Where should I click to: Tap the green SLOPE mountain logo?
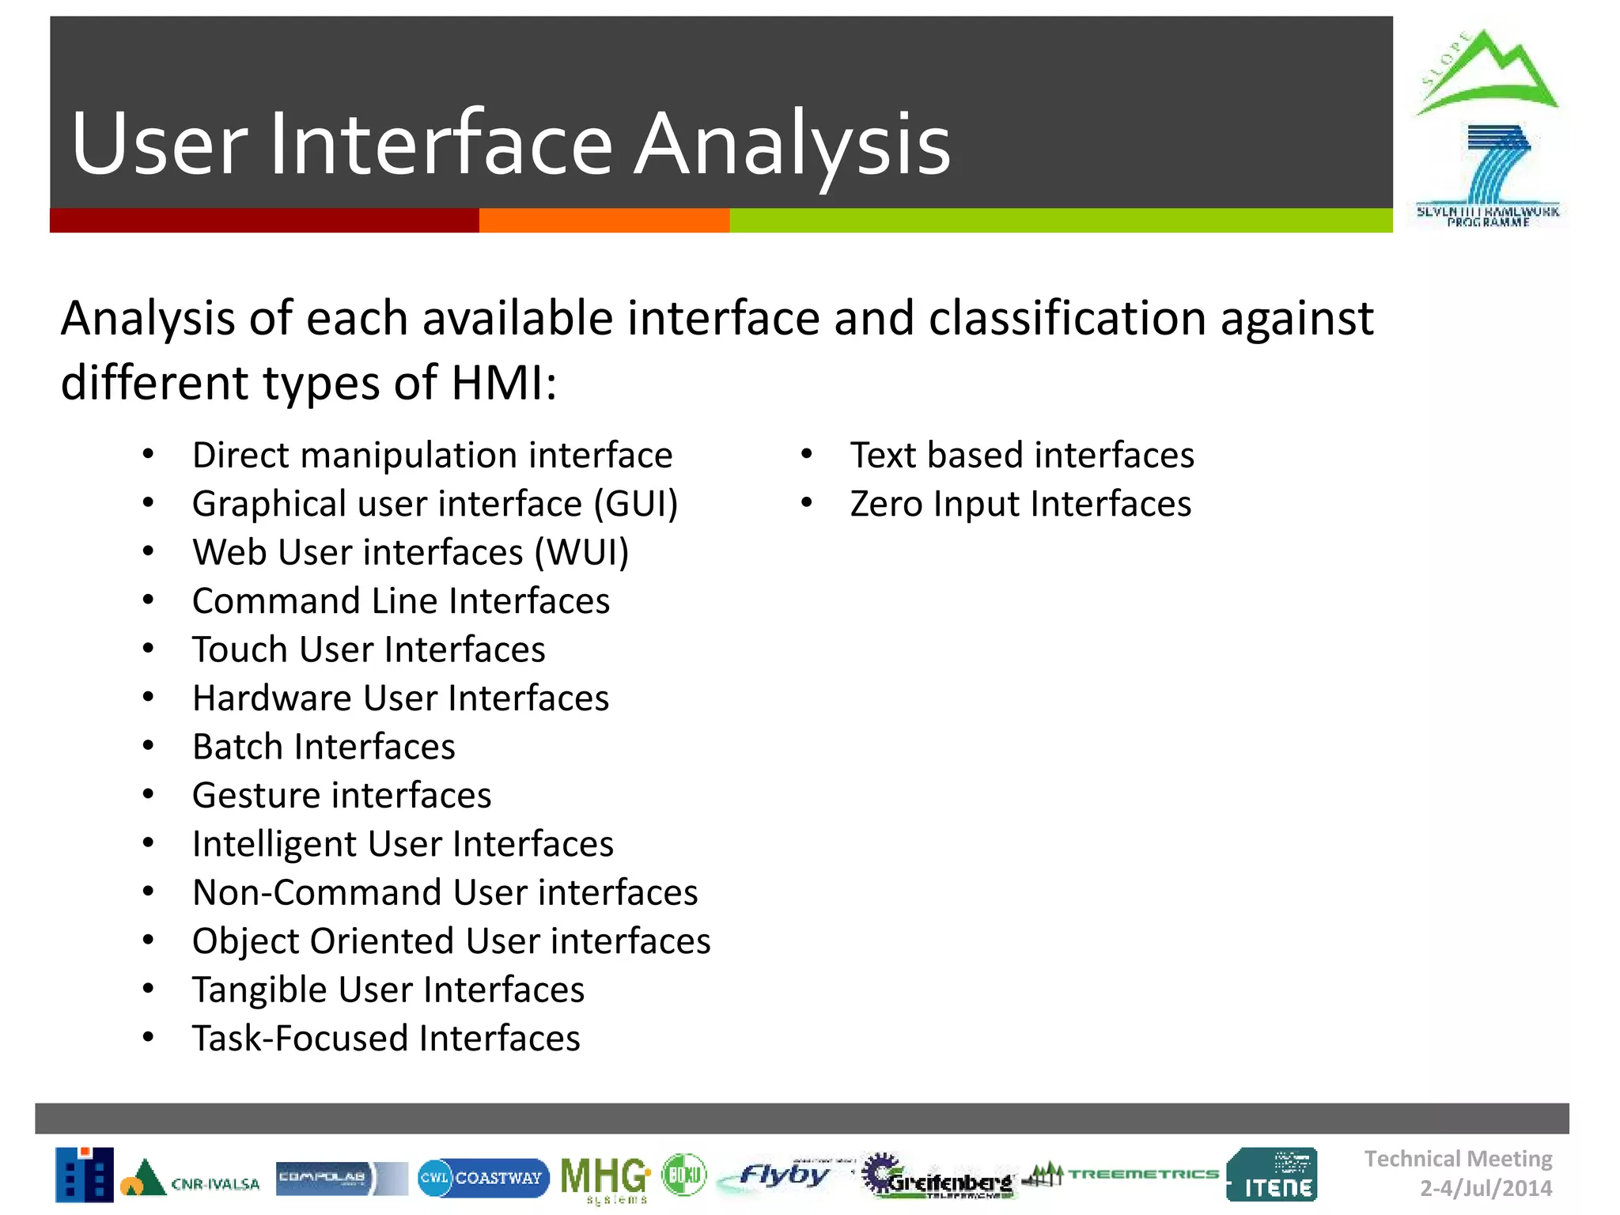click(1486, 74)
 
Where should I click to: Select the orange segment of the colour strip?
click(604, 221)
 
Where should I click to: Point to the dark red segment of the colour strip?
click(263, 221)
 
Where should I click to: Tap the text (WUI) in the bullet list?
click(581, 553)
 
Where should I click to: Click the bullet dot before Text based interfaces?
click(806, 455)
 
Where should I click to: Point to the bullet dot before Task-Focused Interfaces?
click(148, 1038)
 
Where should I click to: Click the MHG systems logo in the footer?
click(605, 1178)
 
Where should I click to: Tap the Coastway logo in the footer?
click(483, 1178)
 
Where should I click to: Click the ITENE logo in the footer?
click(1272, 1175)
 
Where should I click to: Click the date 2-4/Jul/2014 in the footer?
click(1486, 1188)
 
